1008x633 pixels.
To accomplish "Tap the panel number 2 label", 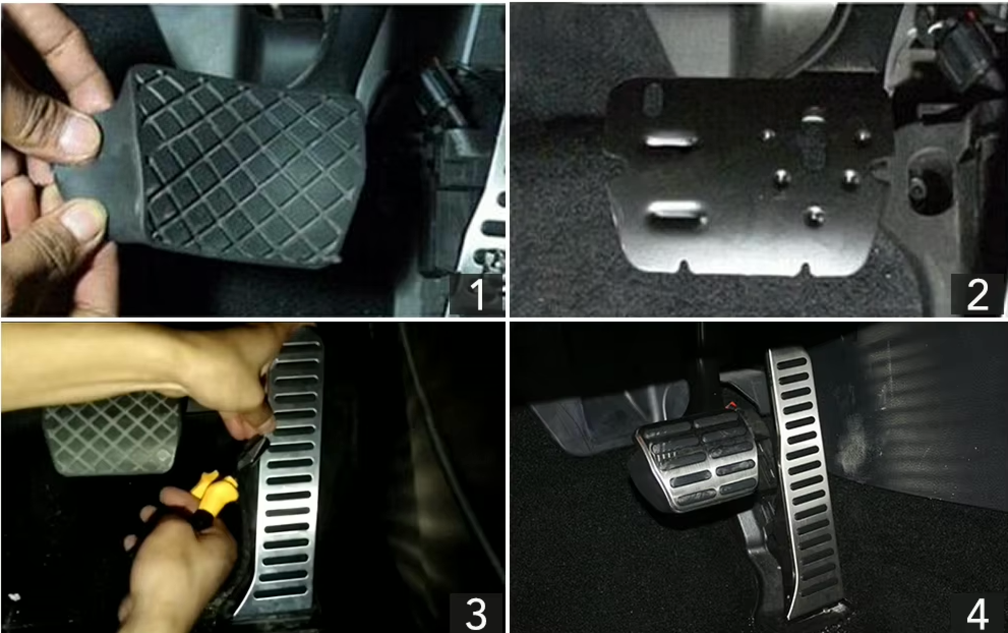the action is tap(977, 294).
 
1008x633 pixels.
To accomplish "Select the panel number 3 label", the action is tap(476, 613).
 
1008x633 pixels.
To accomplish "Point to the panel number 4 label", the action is tap(977, 613).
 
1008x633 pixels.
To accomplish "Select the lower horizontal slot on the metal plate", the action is tap(676, 211).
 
